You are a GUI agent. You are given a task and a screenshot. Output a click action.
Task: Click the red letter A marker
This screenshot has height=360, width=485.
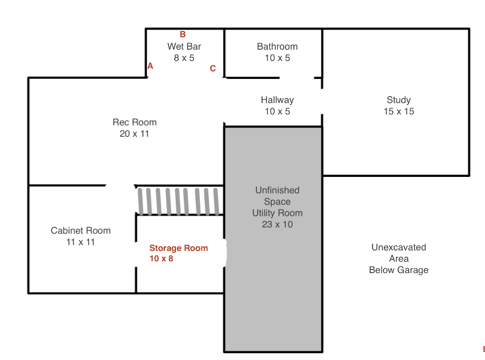(150, 66)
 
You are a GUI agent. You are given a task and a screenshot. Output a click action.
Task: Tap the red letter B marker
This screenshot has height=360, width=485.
(183, 34)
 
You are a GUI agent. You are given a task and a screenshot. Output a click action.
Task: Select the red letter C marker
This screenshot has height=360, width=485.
(212, 68)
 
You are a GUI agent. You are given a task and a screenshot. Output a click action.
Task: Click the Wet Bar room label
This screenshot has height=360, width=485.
(184, 47)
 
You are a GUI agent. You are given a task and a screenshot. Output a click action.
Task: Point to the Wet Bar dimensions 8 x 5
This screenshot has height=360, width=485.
(184, 58)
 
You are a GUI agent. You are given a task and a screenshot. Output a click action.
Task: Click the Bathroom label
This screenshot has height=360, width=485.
(277, 47)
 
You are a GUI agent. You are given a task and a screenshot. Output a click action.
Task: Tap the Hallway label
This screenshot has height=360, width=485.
(277, 100)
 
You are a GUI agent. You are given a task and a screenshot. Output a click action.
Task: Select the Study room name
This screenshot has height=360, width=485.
(399, 100)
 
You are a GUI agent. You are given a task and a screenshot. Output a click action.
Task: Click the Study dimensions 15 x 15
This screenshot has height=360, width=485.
(399, 111)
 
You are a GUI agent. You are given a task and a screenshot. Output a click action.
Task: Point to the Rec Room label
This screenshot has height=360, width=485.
(135, 122)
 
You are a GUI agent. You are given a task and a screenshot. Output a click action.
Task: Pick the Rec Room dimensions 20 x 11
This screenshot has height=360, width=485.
(134, 133)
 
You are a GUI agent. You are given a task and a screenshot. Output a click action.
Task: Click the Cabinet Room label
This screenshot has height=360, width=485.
(81, 231)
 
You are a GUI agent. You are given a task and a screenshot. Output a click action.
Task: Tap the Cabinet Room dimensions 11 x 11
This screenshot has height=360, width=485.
(80, 242)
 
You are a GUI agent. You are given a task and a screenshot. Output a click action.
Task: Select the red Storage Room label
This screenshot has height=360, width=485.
(179, 248)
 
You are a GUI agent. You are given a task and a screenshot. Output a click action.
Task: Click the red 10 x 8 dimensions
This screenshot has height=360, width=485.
(161, 258)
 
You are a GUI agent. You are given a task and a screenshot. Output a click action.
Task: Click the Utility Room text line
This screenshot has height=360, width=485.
(277, 213)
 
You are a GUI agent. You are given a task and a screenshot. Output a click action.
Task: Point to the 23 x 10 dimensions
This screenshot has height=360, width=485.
(277, 224)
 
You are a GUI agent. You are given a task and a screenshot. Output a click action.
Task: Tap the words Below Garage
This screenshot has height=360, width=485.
(399, 270)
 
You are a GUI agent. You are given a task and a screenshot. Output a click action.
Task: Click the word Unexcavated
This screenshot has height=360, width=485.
(399, 247)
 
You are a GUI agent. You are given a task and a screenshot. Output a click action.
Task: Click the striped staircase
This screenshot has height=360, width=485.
(179, 201)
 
